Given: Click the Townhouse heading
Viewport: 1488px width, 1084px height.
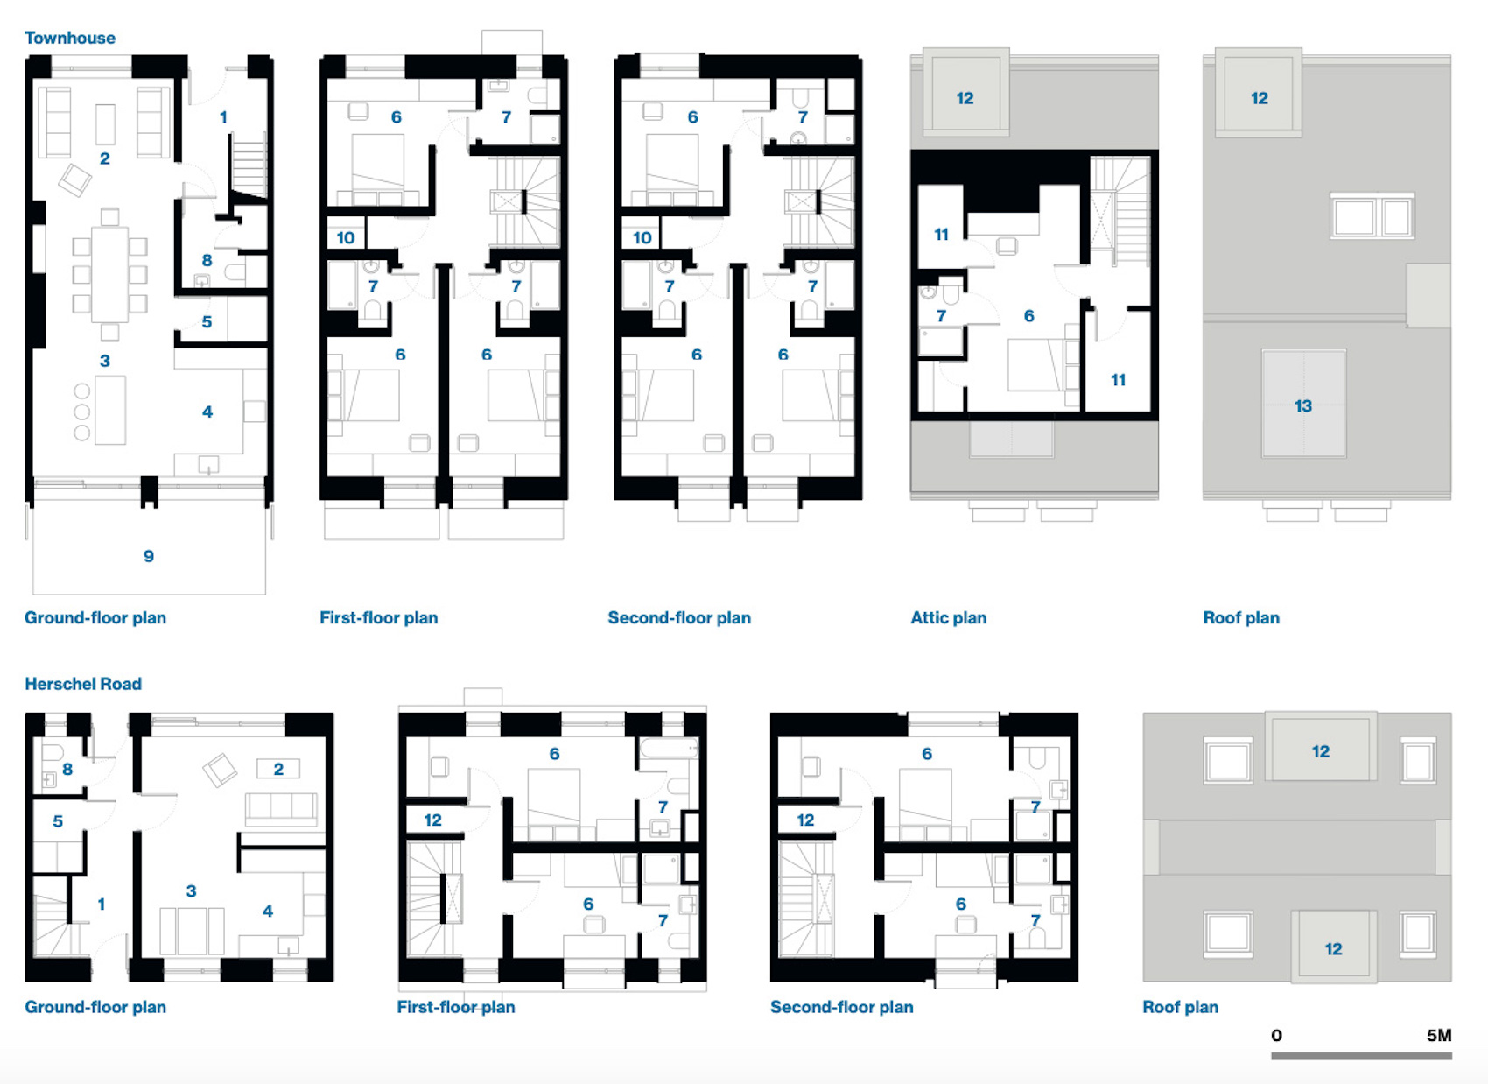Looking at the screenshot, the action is pyautogui.click(x=70, y=38).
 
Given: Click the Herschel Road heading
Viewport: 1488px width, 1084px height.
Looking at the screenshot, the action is pyautogui.click(x=83, y=684).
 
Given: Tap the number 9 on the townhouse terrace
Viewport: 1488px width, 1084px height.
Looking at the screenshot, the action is pyautogui.click(x=149, y=556).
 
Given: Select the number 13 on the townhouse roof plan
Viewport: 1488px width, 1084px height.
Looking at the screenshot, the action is pyautogui.click(x=1303, y=405).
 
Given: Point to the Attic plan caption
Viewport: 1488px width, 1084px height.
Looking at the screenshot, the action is pyautogui.click(x=949, y=617).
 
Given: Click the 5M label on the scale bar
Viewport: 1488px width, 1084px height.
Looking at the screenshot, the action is pyautogui.click(x=1439, y=1035).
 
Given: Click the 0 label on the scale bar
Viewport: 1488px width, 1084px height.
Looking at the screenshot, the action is pyautogui.click(x=1276, y=1035).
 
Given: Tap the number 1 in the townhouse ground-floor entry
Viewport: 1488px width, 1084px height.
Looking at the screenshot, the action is pyautogui.click(x=224, y=117).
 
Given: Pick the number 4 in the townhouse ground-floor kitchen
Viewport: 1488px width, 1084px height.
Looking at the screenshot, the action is pyautogui.click(x=207, y=412).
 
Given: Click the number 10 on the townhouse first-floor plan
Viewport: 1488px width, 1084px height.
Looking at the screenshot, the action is pyautogui.click(x=346, y=237).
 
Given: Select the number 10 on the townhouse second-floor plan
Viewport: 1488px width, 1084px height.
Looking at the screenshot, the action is pyautogui.click(x=642, y=237).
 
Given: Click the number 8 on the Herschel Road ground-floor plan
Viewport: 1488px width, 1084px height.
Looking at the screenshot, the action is pyautogui.click(x=67, y=769).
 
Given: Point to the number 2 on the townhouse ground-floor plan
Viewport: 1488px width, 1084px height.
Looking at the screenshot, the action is pyautogui.click(x=104, y=158).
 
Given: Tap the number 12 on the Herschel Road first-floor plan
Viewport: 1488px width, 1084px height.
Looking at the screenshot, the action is pyautogui.click(x=432, y=820).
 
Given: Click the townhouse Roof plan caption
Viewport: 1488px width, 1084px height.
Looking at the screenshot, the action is pyautogui.click(x=1241, y=617).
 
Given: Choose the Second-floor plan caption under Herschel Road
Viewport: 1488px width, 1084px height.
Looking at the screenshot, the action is pyautogui.click(x=842, y=1007).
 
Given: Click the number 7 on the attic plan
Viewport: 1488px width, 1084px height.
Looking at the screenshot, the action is pyautogui.click(x=941, y=316).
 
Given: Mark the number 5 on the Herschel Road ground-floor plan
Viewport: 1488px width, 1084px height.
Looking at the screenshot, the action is pyautogui.click(x=58, y=820).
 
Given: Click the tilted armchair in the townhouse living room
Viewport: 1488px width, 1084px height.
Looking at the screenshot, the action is pyautogui.click(x=74, y=179).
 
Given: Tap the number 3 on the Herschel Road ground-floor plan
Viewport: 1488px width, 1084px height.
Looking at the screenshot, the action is pyautogui.click(x=192, y=890).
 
